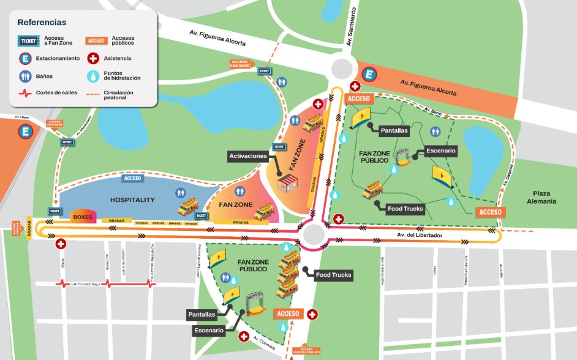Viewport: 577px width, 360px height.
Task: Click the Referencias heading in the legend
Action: coord(42,22)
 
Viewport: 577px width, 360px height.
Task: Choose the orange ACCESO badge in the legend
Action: coord(96,41)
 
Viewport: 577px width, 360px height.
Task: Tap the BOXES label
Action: coord(82,217)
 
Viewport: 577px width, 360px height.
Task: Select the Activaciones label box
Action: coord(248,156)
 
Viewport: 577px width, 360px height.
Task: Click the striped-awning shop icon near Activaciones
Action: coord(287,182)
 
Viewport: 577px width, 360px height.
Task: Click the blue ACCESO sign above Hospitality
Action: coord(133,179)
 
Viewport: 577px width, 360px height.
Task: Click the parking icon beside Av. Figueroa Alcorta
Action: coord(369,75)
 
